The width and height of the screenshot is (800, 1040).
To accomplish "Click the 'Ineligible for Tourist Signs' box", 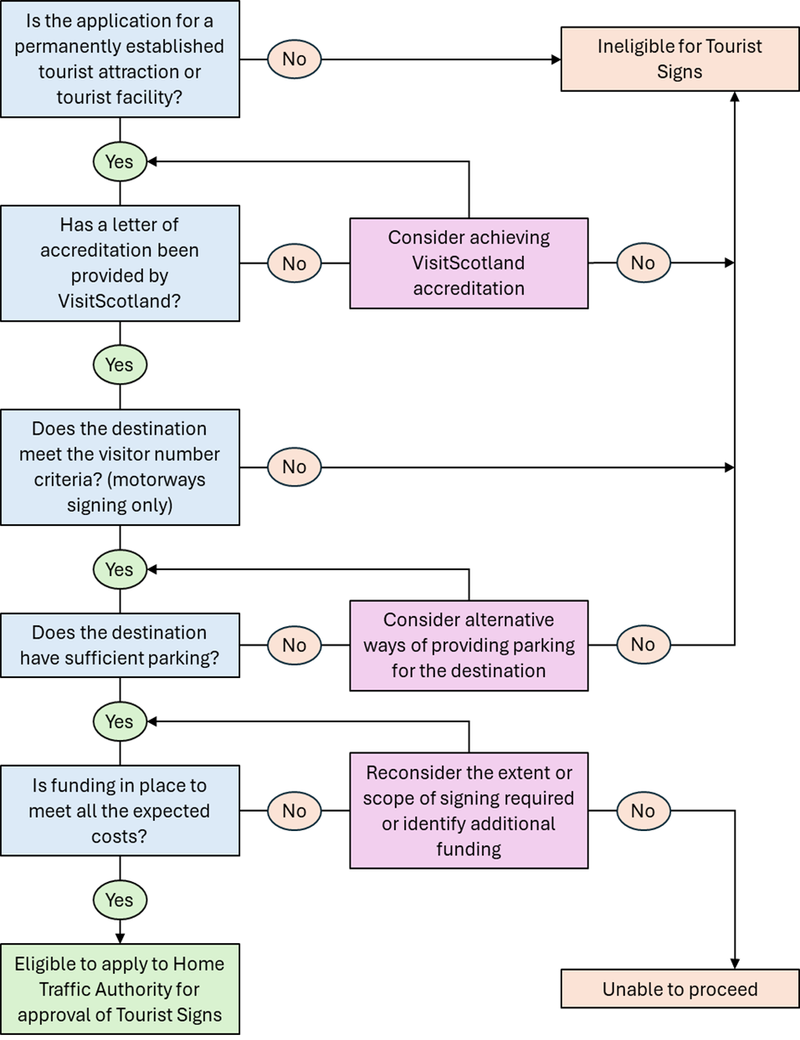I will tap(679, 59).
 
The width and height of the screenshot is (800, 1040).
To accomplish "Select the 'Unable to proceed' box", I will tap(679, 989).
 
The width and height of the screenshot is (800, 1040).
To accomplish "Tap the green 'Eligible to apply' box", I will tap(120, 989).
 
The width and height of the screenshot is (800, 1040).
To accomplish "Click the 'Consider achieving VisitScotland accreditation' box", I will tap(469, 263).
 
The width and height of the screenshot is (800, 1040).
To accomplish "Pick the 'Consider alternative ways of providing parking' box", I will tap(469, 645).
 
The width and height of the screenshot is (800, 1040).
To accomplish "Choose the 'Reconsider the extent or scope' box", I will tap(469, 811).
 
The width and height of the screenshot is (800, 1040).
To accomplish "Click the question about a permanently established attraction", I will tap(120, 59).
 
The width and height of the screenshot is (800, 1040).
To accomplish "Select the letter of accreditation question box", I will tap(120, 263).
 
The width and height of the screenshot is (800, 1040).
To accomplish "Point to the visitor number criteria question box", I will tap(120, 467).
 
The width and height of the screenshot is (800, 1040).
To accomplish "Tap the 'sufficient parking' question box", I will tap(120, 645).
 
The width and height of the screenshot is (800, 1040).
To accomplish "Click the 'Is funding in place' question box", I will tap(120, 811).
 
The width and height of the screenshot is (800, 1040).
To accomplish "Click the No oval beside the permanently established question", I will tap(294, 59).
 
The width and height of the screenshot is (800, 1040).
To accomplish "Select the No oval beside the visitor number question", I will tap(294, 467).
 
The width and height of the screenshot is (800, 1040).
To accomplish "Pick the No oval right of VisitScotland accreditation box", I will tap(643, 263).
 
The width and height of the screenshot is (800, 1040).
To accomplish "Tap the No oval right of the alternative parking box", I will tap(643, 645).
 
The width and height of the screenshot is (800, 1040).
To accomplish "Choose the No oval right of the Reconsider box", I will tap(643, 811).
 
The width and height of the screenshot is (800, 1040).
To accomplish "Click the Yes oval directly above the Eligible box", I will tap(120, 900).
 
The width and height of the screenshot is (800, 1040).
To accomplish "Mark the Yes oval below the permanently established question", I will tap(120, 162).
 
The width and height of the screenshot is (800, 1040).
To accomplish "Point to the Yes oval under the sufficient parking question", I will tap(120, 722).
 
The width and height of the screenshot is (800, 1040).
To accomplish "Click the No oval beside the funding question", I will tap(294, 811).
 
